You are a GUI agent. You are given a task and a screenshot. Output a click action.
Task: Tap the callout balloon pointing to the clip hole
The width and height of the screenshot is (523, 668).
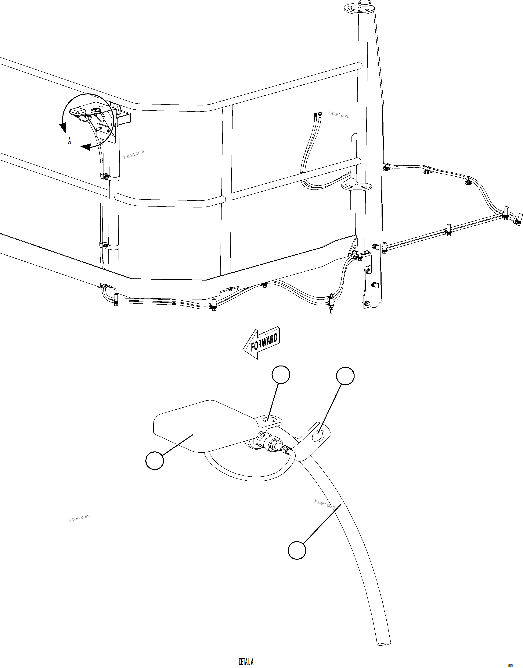tap(345, 376)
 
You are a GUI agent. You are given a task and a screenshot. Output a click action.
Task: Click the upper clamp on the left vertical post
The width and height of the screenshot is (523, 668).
tap(106, 177)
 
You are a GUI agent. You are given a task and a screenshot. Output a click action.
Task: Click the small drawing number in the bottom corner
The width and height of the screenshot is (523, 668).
tap(510, 665)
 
